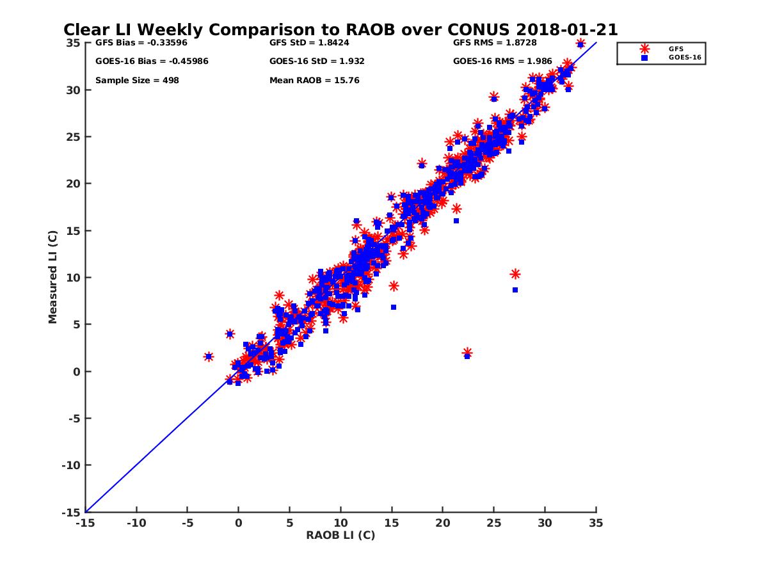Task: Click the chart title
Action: click(x=340, y=29)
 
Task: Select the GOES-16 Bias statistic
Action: click(x=152, y=61)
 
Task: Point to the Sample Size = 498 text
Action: click(x=137, y=81)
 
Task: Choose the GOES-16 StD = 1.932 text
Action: click(x=317, y=61)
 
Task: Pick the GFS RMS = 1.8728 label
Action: click(x=495, y=43)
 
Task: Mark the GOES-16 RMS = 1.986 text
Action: click(x=502, y=61)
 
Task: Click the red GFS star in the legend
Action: click(x=644, y=49)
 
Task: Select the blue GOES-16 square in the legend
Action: click(x=644, y=58)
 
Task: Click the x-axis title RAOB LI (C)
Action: click(x=340, y=535)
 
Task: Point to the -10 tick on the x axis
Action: click(x=136, y=523)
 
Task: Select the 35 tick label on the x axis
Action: click(x=596, y=523)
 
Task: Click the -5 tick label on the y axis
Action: click(x=73, y=419)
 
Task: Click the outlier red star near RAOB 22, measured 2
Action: click(x=467, y=353)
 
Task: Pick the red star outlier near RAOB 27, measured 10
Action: click(x=515, y=274)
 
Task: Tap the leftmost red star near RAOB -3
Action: click(x=209, y=356)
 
